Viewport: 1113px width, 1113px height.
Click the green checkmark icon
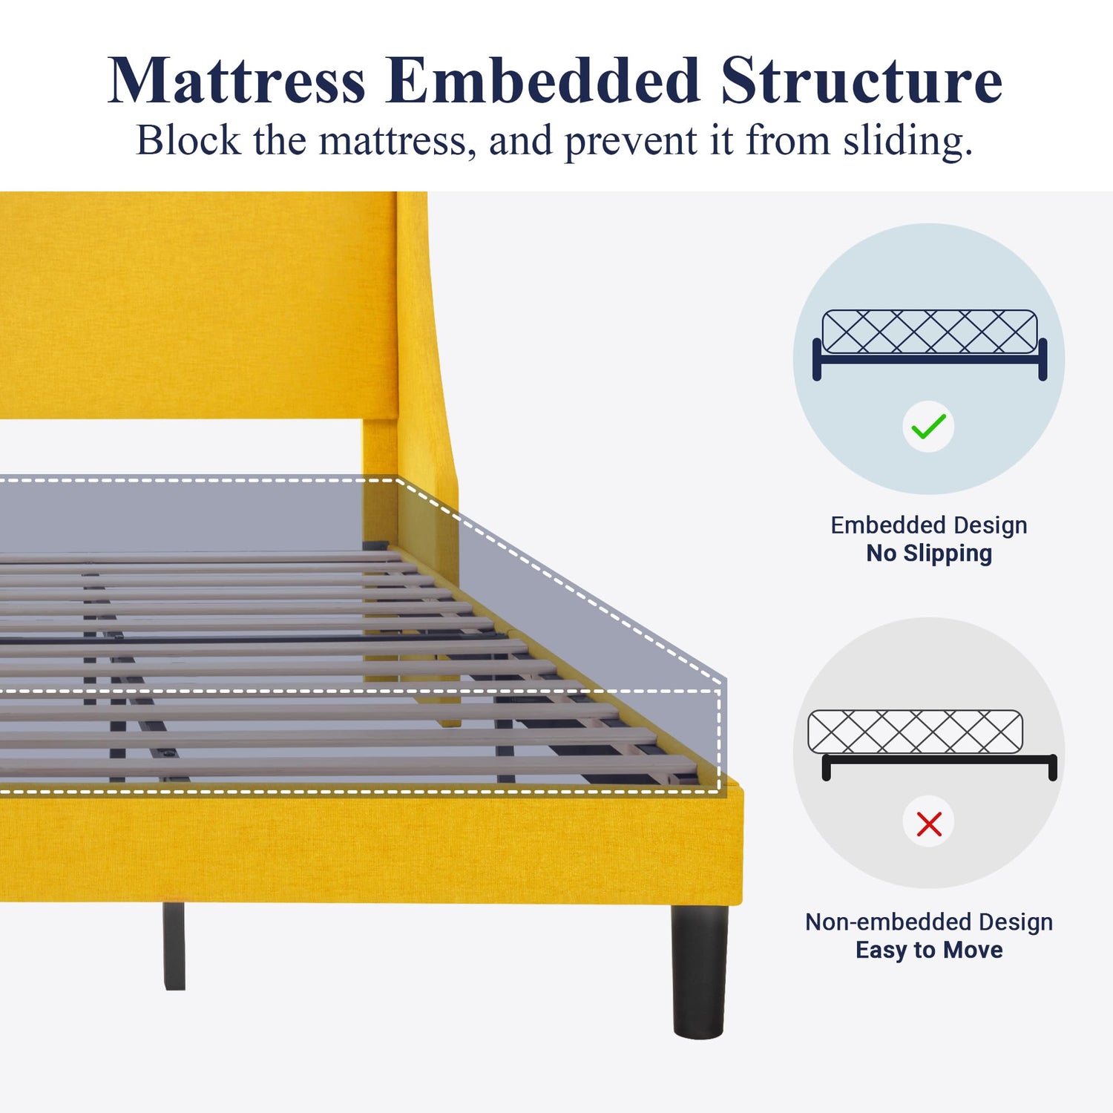tap(928, 427)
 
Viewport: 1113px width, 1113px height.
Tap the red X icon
tap(929, 824)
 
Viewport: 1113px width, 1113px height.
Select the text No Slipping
tap(929, 554)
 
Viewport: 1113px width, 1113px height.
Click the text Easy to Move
tap(929, 950)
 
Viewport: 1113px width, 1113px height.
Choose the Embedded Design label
tap(929, 525)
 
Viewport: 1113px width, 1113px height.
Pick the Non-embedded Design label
tap(929, 922)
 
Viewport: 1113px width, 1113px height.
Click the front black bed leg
tap(699, 971)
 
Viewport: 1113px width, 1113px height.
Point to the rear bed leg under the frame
tap(174, 945)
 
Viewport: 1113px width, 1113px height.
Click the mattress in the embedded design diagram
tap(930, 332)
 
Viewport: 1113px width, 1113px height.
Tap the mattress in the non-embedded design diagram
tap(915, 732)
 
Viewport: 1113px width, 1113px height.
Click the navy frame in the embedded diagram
tap(930, 359)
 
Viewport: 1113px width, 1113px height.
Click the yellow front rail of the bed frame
tap(371, 846)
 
